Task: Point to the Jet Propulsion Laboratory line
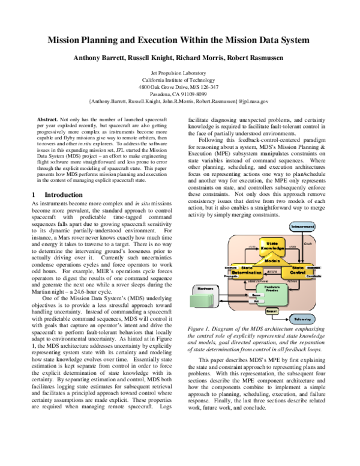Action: point(180,72)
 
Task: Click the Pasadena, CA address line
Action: point(180,94)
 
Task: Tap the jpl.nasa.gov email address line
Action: point(180,102)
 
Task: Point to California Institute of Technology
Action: point(180,80)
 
